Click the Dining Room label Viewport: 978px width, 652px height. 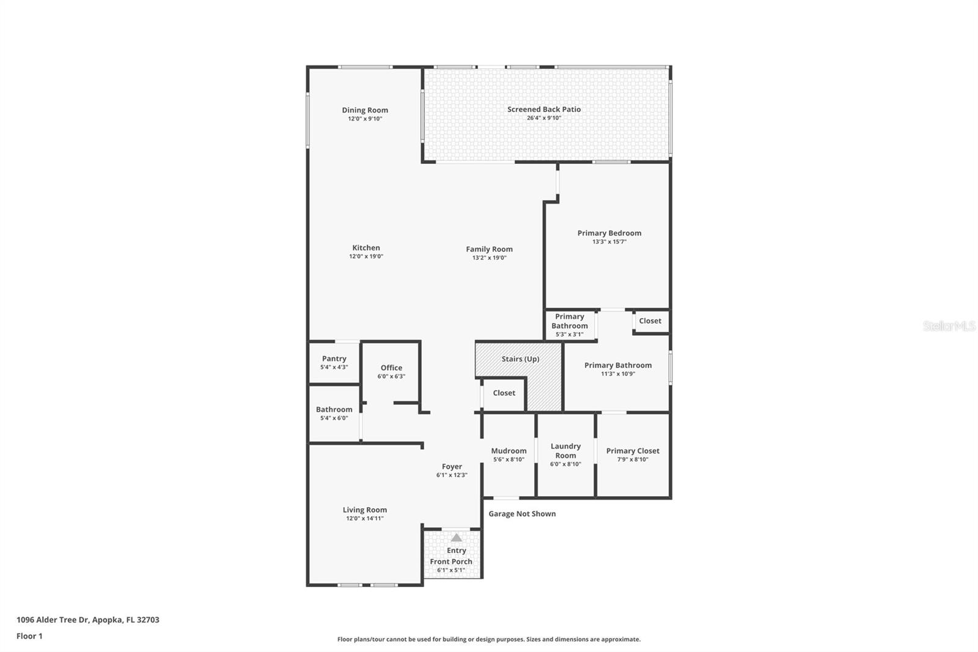tap(365, 110)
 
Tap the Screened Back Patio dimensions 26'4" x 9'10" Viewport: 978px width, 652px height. tap(543, 118)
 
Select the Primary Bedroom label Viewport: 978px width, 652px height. tap(609, 233)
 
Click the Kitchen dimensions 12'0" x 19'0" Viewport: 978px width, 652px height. tap(366, 257)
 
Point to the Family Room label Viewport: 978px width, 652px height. tap(489, 249)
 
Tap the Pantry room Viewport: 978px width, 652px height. tap(334, 362)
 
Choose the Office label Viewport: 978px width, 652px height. tap(391, 368)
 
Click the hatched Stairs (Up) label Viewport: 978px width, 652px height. tap(520, 359)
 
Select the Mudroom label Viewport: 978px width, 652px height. tap(509, 451)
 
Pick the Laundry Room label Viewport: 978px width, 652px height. tap(565, 451)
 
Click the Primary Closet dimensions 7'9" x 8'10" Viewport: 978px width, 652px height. tap(633, 459)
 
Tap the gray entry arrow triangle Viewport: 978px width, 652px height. tap(457, 538)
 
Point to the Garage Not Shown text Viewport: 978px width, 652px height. tap(522, 514)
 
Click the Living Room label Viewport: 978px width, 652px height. tap(364, 509)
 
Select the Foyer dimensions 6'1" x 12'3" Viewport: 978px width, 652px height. tap(452, 475)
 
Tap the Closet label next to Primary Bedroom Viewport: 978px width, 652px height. tap(650, 321)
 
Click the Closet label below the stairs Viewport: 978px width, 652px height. tap(504, 393)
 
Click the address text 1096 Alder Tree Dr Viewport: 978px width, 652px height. tap(87, 620)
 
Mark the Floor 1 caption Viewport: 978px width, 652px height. tap(29, 636)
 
